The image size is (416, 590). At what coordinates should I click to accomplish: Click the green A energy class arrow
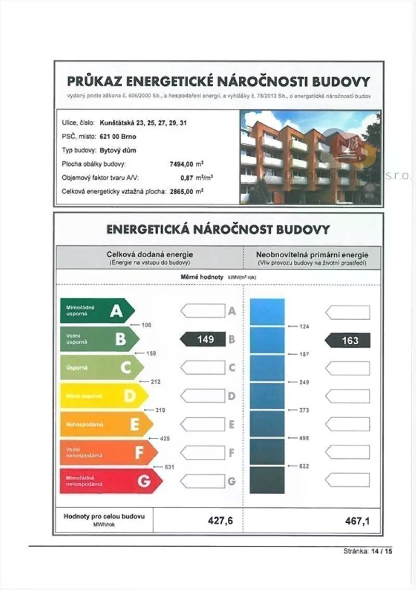point(97,311)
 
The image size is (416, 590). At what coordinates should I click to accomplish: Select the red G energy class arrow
point(111,481)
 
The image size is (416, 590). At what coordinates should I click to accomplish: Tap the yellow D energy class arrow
point(104,396)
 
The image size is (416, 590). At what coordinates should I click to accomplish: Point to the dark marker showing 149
point(203,340)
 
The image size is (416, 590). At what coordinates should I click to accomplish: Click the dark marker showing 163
point(348,341)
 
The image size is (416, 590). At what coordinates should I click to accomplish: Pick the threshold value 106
point(146,325)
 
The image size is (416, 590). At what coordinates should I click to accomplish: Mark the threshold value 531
point(169,467)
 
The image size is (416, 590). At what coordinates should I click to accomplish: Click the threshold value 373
point(304,410)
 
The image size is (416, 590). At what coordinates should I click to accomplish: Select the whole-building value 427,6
point(220,520)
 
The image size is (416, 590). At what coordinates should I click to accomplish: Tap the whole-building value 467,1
point(357,520)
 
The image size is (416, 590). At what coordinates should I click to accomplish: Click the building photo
point(310,157)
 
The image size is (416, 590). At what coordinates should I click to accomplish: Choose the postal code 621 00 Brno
point(121,136)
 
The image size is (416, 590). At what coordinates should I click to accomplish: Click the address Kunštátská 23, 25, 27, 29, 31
point(143,123)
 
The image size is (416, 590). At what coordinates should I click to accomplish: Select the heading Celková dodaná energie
point(150,255)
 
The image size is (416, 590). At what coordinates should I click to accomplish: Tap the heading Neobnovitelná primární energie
point(312,255)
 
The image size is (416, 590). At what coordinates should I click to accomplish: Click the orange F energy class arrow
point(109,453)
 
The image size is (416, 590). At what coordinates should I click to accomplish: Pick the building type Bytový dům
point(118,150)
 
